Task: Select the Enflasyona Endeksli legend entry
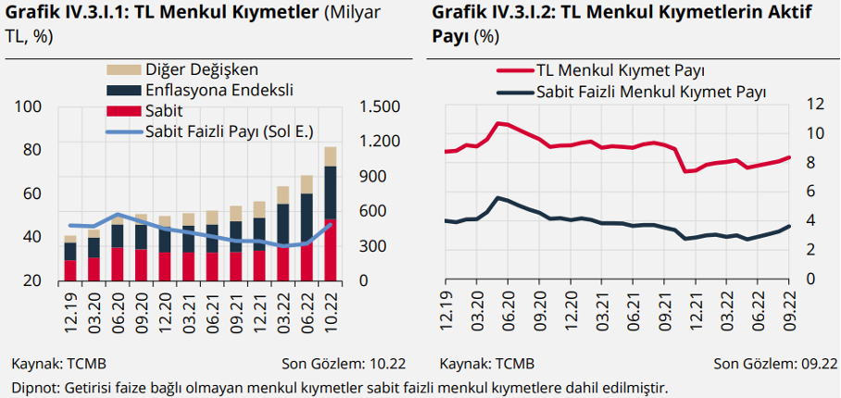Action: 199,90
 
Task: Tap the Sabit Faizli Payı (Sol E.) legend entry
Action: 209,131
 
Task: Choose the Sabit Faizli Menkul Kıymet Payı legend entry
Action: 630,92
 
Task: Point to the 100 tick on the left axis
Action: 31,106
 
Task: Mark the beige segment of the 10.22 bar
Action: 331,156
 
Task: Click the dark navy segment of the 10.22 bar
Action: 331,193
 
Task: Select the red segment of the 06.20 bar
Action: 117,264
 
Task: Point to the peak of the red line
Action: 497,123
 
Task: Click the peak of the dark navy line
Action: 497,198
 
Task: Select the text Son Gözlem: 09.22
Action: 775,364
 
